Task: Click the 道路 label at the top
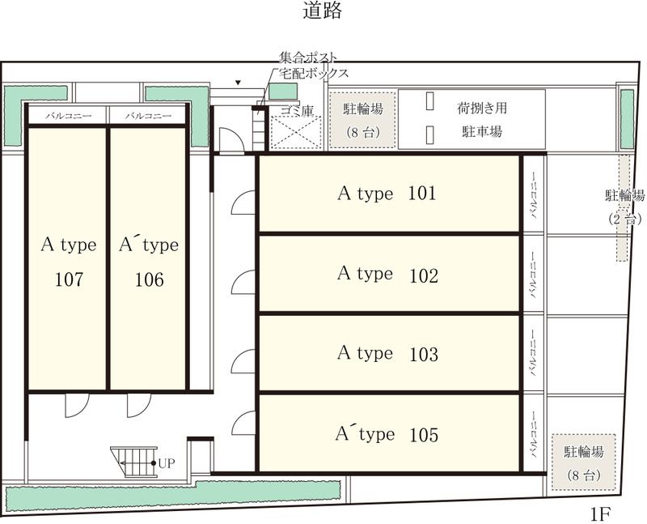pyautogui.click(x=323, y=11)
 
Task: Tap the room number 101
pyautogui.click(x=423, y=194)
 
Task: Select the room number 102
pyautogui.click(x=423, y=275)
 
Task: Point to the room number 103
pyautogui.click(x=423, y=354)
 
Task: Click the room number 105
pyautogui.click(x=423, y=435)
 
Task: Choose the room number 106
pyautogui.click(x=149, y=279)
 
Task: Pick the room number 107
pyautogui.click(x=69, y=279)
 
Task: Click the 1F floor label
pyautogui.click(x=599, y=513)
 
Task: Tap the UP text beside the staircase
pyautogui.click(x=167, y=463)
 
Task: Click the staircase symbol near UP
pyautogui.click(x=134, y=462)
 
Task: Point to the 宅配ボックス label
pyautogui.click(x=314, y=73)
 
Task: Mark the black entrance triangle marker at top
pyautogui.click(x=237, y=83)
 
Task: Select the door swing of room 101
pyautogui.click(x=243, y=203)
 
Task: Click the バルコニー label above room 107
pyautogui.click(x=68, y=116)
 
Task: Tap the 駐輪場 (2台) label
pyautogui.click(x=624, y=207)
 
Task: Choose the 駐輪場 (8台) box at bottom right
pyautogui.click(x=583, y=462)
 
